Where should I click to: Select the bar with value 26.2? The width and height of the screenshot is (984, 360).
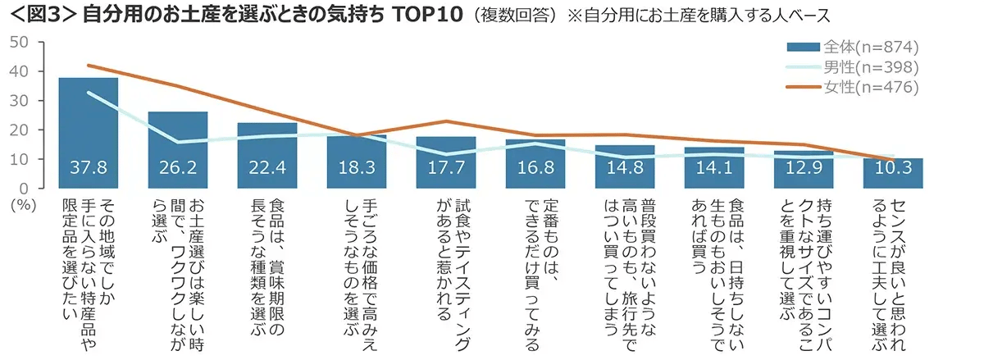(178, 148)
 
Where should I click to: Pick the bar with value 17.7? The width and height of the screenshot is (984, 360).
(446, 161)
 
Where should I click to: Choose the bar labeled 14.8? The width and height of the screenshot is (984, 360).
(625, 165)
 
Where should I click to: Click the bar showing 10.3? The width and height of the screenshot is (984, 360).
(893, 171)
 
